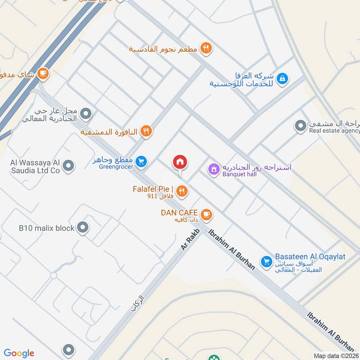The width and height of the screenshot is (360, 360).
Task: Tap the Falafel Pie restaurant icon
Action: tap(182, 191)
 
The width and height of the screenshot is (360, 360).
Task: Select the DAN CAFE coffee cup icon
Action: tap(207, 214)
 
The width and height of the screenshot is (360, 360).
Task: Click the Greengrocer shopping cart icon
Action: tap(141, 161)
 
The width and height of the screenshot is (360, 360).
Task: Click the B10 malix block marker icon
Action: tap(83, 228)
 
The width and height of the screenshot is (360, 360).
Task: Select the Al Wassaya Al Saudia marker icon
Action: tap(68, 166)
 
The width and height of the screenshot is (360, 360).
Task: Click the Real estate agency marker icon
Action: tap(300, 126)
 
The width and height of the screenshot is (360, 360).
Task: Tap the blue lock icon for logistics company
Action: tap(282, 78)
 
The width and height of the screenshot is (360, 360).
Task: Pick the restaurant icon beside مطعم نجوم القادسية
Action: tap(206, 48)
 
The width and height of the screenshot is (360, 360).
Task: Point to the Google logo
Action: tap(19, 353)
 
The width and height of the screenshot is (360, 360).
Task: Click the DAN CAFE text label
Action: tap(180, 211)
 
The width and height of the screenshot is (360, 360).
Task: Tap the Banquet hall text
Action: tap(239, 175)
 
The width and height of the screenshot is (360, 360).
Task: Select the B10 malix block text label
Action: tap(46, 228)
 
